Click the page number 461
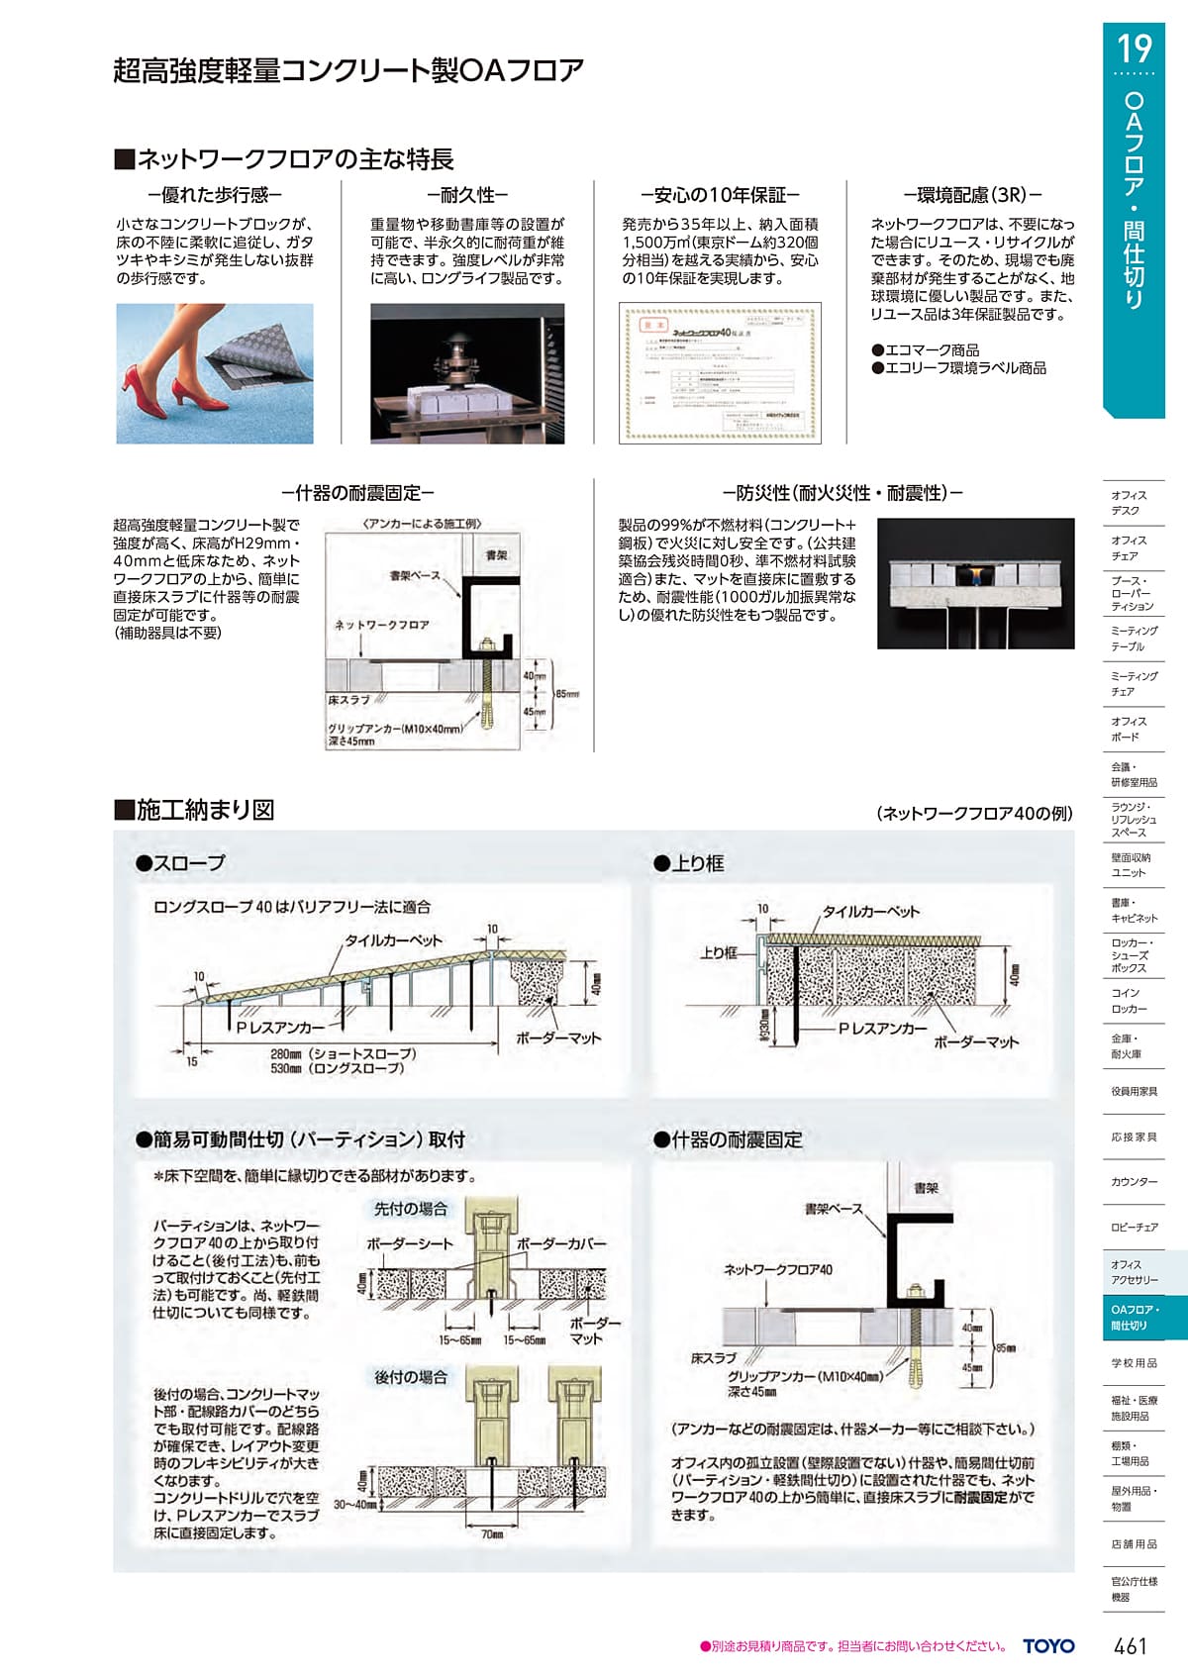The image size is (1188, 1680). coord(1130,1645)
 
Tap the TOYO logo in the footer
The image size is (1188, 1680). coord(1048,1645)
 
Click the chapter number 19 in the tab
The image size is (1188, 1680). coord(1135,49)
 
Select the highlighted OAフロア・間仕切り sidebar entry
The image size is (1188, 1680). coord(1134,1317)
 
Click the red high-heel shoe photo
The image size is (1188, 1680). coord(215,373)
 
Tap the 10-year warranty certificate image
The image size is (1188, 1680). coord(720,372)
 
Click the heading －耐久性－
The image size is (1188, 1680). coord(467,195)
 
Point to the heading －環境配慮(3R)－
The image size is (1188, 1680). coord(972,195)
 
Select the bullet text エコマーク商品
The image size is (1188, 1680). coord(926,349)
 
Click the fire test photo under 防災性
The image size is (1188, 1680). coord(975,583)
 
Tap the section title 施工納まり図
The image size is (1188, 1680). coord(195,810)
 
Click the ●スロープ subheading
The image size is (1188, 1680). coord(181,863)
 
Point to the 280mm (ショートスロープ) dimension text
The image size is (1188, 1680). coord(344,1054)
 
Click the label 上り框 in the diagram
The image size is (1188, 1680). coord(718,952)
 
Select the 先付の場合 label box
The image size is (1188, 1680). coord(411,1209)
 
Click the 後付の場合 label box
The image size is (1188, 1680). coord(411,1377)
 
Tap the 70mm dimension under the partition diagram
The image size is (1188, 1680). coord(492,1534)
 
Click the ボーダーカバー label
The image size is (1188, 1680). coord(560,1243)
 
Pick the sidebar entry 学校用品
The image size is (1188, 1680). coord(1134,1363)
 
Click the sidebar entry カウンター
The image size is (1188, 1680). coord(1134,1182)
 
